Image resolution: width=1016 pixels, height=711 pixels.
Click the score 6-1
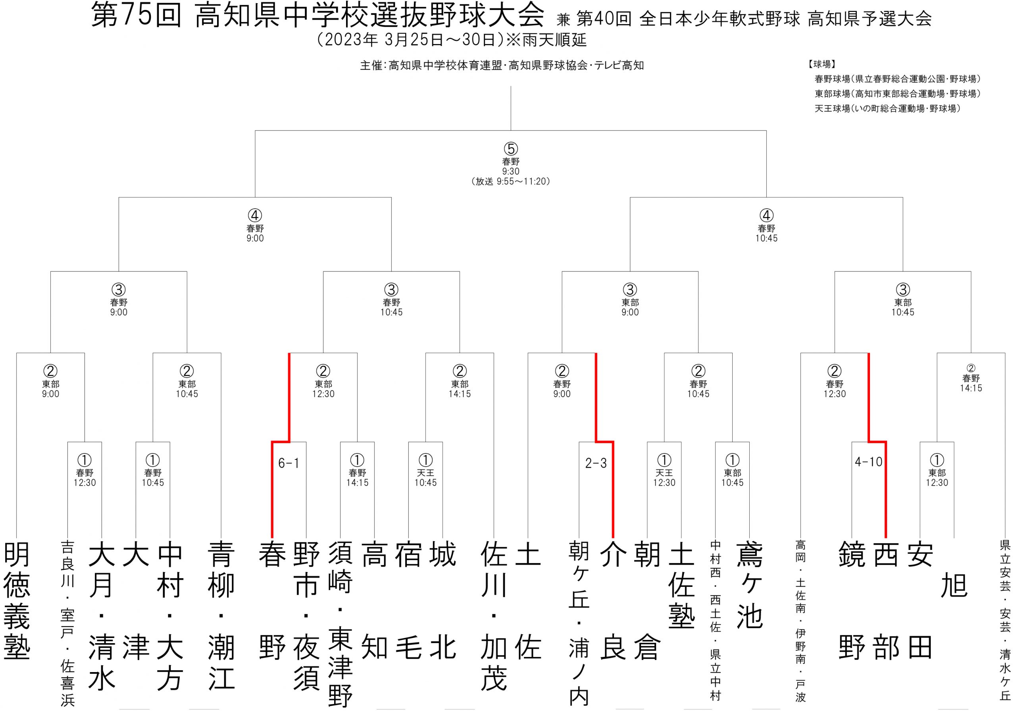click(289, 463)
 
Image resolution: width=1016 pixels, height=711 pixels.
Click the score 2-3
click(596, 463)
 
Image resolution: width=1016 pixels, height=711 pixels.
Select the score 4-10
click(869, 462)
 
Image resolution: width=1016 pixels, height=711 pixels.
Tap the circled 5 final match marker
click(511, 149)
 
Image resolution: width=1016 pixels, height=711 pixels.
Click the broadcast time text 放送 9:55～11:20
click(511, 181)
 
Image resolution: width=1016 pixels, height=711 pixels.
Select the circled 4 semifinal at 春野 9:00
click(255, 215)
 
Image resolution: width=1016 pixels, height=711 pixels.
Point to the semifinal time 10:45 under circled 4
click(766, 238)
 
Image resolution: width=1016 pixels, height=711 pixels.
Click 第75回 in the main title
click(136, 16)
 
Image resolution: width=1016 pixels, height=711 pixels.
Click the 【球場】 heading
click(822, 64)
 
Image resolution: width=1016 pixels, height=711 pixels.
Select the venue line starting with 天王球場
click(888, 108)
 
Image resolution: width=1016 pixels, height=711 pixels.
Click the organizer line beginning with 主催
click(502, 65)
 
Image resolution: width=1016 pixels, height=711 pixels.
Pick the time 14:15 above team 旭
click(971, 388)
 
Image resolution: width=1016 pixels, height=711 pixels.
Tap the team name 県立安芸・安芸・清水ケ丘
click(1005, 619)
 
